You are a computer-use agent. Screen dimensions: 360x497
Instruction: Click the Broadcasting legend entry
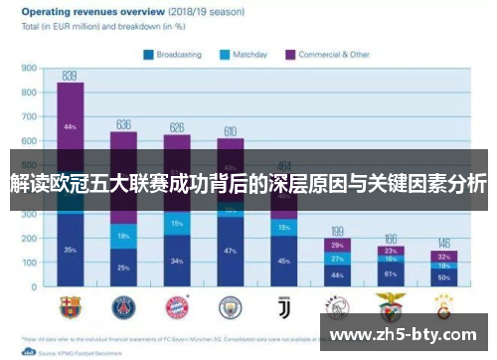point(175,56)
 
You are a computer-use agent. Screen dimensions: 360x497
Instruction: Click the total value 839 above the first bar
point(70,76)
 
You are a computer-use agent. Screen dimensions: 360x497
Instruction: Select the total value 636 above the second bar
point(123,125)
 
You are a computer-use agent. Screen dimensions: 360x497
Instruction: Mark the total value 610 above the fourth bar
point(230,131)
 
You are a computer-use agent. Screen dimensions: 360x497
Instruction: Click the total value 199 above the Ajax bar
point(337,231)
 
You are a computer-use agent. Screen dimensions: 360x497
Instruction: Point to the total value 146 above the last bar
point(443,243)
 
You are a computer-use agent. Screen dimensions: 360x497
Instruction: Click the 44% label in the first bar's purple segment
point(70,127)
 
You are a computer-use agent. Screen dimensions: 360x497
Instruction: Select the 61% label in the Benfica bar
point(391,273)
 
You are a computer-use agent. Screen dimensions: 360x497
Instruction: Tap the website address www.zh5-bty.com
point(408,333)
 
